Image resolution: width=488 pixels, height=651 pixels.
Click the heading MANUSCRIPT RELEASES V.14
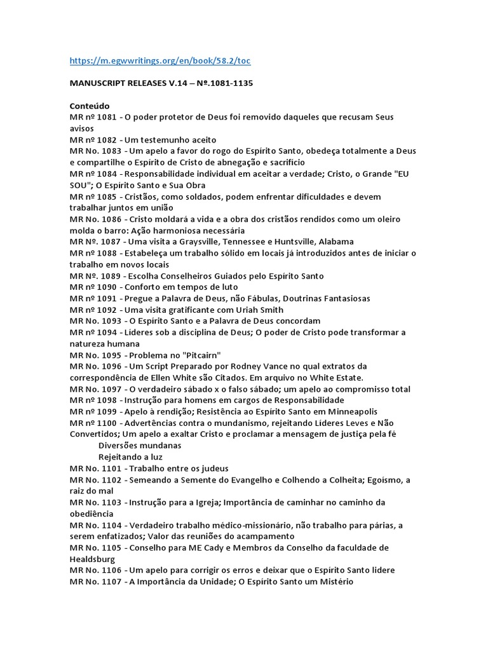point(140,83)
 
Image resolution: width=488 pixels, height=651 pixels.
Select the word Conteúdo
point(90,106)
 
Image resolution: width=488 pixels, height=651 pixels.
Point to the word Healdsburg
point(93,559)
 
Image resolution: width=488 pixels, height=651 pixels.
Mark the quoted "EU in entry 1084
point(403,174)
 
